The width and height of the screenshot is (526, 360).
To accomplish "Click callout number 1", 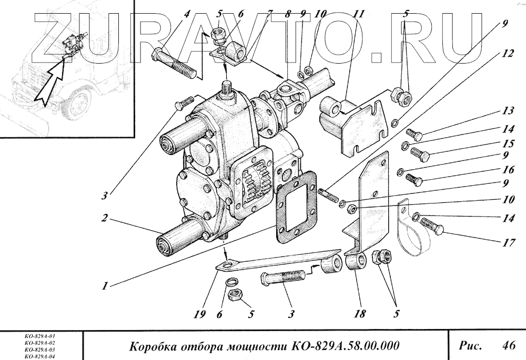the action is tap(106, 286).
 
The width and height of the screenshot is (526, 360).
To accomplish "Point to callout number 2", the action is tap(106, 218).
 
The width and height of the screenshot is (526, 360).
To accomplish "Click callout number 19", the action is tap(198, 314).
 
